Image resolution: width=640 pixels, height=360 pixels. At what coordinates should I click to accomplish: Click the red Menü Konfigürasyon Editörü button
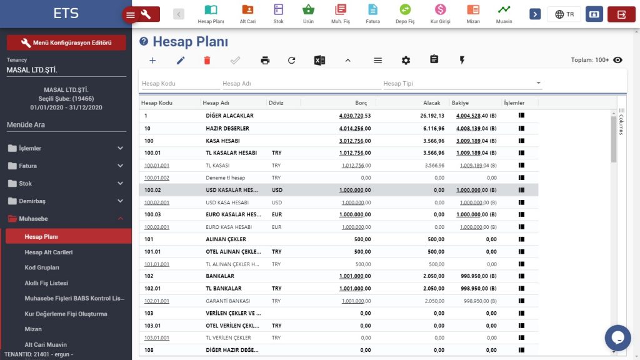click(x=66, y=42)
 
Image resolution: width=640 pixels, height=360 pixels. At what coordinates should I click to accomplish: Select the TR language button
click(x=564, y=14)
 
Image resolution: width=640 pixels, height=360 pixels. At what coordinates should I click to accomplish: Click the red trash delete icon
click(x=207, y=60)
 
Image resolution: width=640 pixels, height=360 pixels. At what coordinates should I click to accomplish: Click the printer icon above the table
click(x=265, y=60)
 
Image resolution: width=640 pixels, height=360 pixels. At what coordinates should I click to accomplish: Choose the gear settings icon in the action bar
click(x=406, y=60)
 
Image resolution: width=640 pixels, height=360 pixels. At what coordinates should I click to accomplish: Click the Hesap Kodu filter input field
click(x=180, y=84)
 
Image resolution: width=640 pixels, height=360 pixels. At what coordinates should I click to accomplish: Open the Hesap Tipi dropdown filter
click(x=462, y=84)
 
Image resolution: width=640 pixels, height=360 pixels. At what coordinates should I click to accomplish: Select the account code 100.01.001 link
click(x=157, y=166)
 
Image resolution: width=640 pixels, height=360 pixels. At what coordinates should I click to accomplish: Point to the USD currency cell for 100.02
click(x=277, y=190)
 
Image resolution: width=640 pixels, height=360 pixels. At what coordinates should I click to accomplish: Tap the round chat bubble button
click(x=617, y=337)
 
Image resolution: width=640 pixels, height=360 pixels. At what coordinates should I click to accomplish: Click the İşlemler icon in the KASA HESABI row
click(x=521, y=141)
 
